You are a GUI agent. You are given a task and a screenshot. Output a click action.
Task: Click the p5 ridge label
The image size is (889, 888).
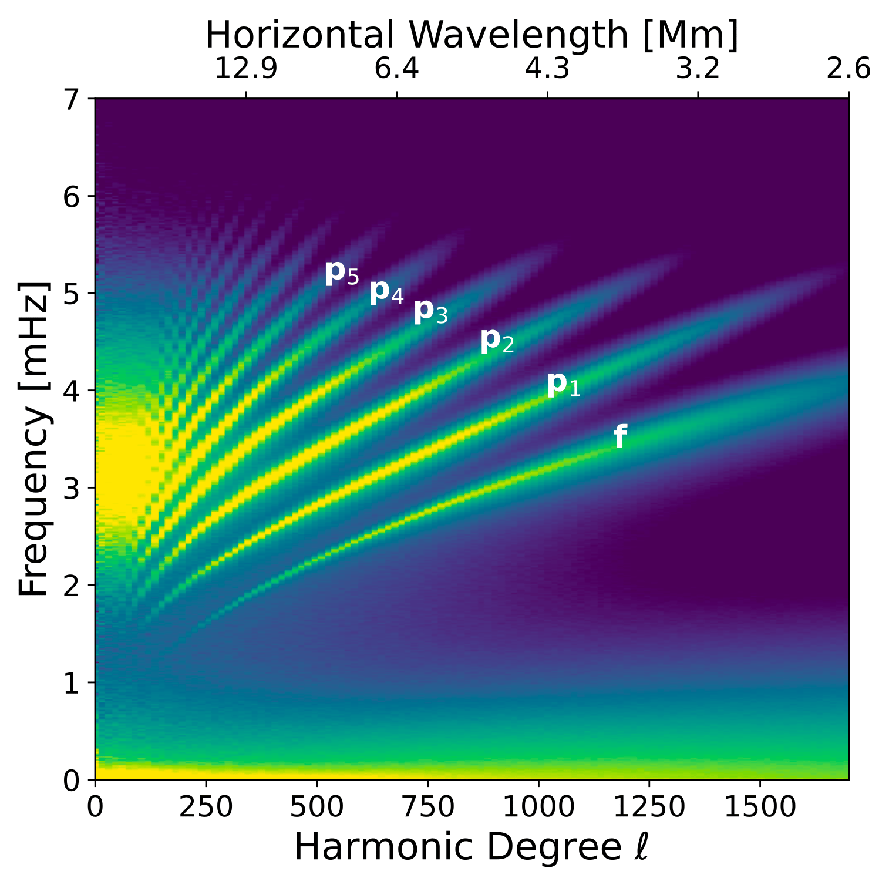(342, 273)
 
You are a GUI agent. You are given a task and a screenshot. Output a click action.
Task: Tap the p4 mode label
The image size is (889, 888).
(386, 292)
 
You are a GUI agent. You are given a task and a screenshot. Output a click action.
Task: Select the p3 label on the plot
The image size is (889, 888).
(431, 312)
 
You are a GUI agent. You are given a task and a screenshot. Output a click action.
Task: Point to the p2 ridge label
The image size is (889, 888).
(497, 341)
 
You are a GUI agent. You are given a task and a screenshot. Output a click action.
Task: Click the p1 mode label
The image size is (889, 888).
(564, 385)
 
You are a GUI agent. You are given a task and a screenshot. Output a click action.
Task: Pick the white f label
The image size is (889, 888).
(620, 437)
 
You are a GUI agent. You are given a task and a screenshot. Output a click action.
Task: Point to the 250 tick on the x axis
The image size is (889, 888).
(206, 808)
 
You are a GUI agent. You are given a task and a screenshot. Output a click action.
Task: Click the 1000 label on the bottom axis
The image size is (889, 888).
(538, 808)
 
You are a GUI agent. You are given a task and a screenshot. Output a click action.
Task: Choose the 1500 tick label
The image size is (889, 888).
(760, 808)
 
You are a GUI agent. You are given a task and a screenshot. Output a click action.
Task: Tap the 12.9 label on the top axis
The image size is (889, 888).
(245, 69)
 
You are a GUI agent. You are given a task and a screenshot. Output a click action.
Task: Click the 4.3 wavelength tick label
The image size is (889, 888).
(547, 69)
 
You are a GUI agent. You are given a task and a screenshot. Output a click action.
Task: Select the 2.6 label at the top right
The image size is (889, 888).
(848, 69)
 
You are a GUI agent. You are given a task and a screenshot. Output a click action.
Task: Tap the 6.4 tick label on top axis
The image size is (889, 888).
(397, 69)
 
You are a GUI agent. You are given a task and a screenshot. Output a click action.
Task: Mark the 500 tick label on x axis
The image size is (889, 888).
(317, 808)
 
